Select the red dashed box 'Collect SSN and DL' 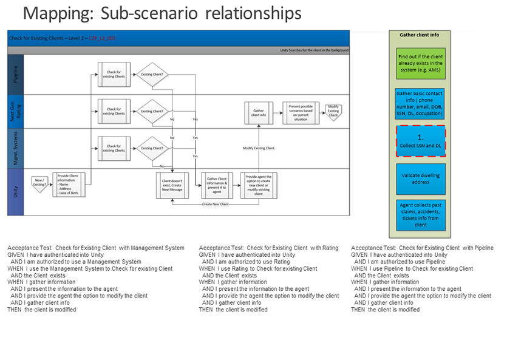point(420,141)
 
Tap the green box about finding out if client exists point(420,63)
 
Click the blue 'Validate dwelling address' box point(420,179)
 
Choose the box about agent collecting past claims point(420,214)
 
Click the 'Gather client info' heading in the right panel point(420,35)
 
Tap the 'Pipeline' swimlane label point(16,75)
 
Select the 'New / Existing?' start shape point(40,182)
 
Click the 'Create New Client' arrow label point(216,204)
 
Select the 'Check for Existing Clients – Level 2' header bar point(178,38)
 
